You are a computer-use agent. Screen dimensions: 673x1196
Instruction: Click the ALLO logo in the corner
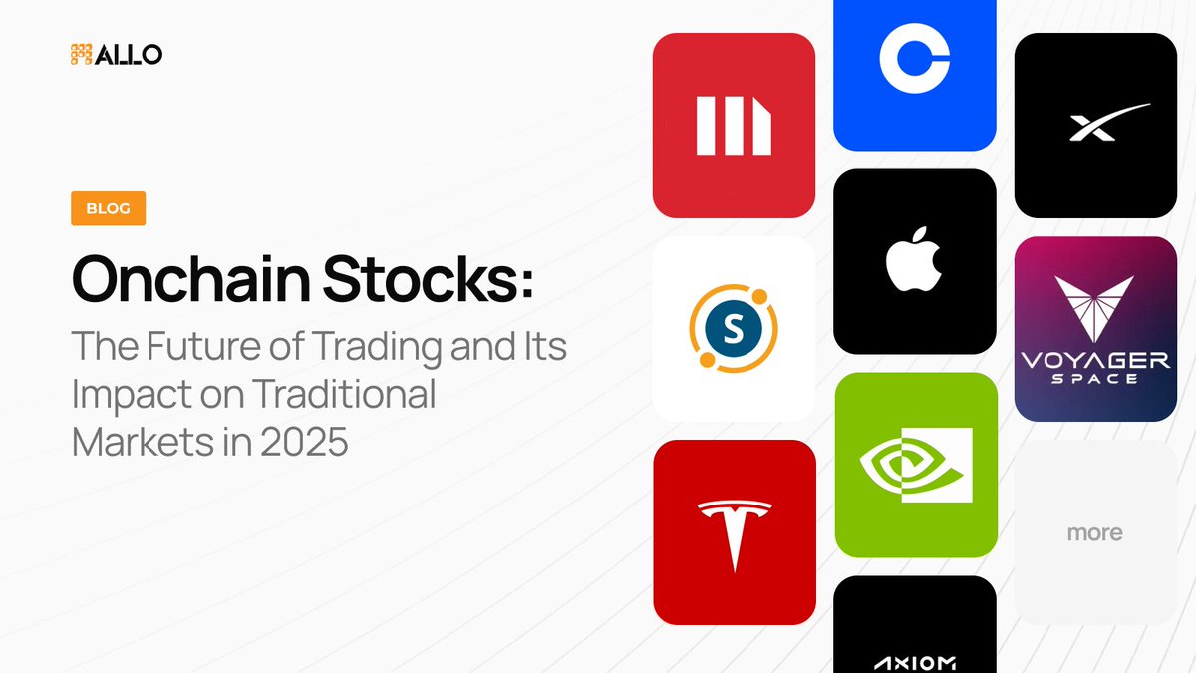(116, 54)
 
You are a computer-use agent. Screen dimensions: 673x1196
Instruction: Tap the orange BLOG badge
(108, 209)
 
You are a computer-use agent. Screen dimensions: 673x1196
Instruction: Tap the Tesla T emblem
(735, 533)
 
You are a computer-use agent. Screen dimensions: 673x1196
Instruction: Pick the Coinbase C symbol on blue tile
(915, 58)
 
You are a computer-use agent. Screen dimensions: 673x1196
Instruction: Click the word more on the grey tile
(1094, 533)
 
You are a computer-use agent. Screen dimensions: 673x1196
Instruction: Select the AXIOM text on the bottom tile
(915, 662)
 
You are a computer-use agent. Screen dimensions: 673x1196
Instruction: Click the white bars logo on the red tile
(734, 126)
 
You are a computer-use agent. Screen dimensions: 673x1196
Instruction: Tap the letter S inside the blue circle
(733, 328)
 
